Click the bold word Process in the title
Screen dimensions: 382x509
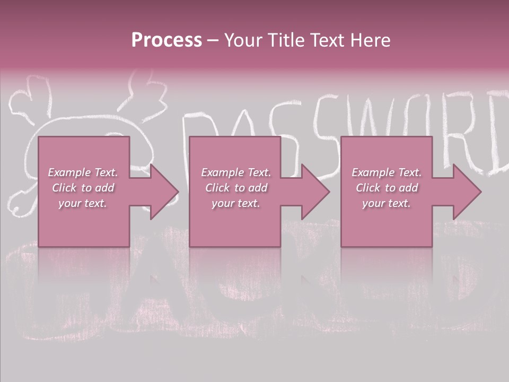click(166, 40)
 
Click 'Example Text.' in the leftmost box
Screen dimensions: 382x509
click(83, 172)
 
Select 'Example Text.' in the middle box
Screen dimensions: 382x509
click(236, 172)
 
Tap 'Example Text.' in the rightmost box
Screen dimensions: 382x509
click(387, 172)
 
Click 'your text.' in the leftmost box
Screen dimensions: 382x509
click(83, 203)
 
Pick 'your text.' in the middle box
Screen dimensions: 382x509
click(236, 203)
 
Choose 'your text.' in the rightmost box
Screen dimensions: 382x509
click(387, 203)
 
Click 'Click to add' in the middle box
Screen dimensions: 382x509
click(236, 188)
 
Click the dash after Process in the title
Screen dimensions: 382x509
click(213, 41)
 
